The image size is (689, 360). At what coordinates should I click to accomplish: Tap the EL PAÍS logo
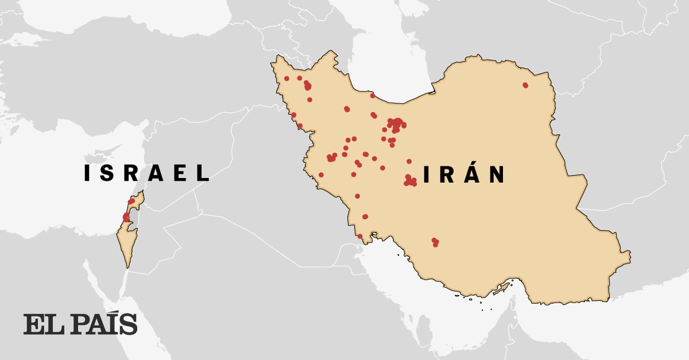click(80, 324)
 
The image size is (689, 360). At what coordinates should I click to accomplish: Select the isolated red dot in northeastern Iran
click(525, 85)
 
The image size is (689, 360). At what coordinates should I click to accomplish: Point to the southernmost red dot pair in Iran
click(435, 242)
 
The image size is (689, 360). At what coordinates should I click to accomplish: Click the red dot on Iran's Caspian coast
click(372, 95)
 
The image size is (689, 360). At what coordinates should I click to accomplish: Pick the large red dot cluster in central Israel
click(126, 217)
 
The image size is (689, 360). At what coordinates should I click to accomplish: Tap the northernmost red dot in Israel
click(131, 201)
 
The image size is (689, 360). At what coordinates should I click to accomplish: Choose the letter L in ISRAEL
click(203, 173)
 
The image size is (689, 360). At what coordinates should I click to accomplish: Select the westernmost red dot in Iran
click(287, 79)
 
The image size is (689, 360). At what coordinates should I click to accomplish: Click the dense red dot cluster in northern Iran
click(396, 123)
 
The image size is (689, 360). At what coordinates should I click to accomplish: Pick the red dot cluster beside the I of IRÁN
click(410, 181)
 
